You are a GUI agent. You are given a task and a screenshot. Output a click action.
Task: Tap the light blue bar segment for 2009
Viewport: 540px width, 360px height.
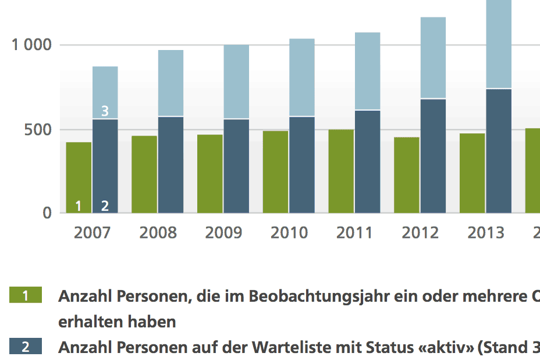[x=236, y=81]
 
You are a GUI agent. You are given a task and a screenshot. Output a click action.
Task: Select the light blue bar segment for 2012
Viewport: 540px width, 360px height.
[x=433, y=58]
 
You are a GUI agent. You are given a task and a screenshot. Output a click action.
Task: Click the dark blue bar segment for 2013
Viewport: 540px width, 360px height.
[x=499, y=151]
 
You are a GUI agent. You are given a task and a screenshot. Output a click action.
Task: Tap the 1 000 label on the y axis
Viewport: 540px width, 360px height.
[x=32, y=45]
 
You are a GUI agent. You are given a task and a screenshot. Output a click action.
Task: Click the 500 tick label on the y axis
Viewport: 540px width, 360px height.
[x=38, y=129]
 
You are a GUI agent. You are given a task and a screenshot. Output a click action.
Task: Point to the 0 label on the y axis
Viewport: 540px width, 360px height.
[x=47, y=213]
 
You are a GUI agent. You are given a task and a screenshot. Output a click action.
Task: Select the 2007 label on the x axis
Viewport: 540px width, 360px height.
[x=92, y=233]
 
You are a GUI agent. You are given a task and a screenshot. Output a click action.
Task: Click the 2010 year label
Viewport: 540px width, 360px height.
[x=289, y=233]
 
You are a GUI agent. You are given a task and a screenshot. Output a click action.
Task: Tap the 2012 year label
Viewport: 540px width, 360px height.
[x=420, y=233]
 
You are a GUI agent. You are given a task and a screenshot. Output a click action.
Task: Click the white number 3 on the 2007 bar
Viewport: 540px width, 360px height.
[x=105, y=111]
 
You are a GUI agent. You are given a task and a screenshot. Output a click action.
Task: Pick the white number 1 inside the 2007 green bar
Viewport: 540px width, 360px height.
[x=79, y=205]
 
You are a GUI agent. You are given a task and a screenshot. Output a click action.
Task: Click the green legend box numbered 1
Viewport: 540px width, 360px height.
[x=26, y=295]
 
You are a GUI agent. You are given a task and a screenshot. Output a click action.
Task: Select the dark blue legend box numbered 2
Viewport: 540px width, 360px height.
[x=26, y=347]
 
